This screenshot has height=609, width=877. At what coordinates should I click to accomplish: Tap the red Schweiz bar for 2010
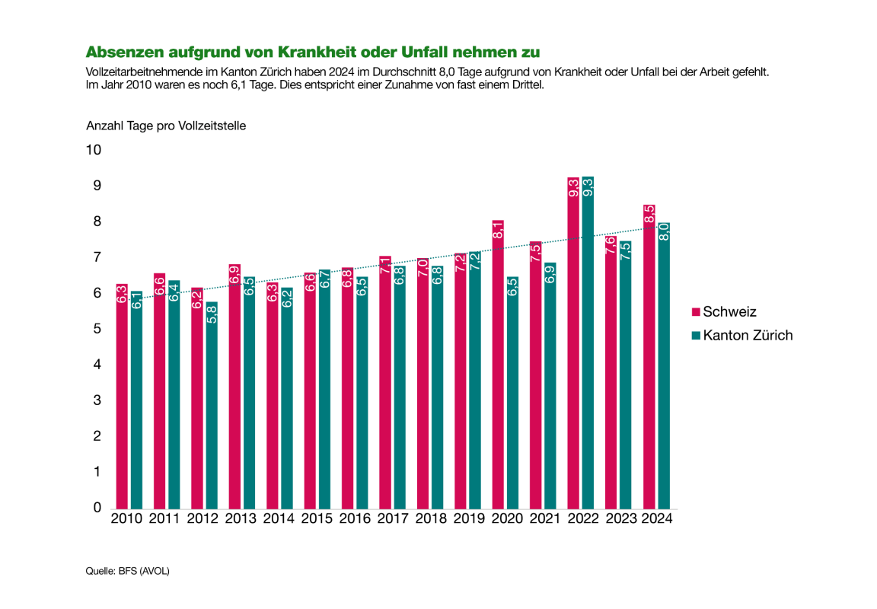coord(122,396)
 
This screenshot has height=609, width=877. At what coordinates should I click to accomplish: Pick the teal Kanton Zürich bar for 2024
coord(663,365)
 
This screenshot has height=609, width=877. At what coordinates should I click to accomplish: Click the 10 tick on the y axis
coord(94,150)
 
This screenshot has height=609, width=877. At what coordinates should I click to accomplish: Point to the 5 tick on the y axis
coord(97,329)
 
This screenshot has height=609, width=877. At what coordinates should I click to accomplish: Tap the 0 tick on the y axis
coord(97,508)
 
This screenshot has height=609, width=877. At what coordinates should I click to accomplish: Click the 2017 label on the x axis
coord(392,519)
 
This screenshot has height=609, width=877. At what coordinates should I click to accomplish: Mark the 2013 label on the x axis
coord(241,519)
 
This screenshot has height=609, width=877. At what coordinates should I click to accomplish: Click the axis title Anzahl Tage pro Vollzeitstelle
coord(165,126)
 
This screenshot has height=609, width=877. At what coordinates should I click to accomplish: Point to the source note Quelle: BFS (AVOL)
coord(127,571)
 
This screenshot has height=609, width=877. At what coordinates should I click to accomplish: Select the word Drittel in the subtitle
coord(525,84)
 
